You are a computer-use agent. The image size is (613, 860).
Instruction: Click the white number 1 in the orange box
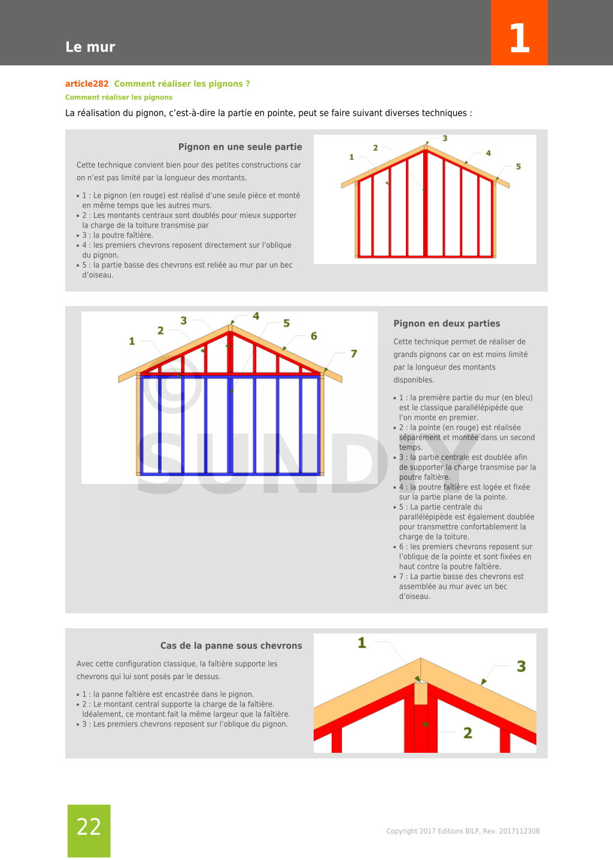pyautogui.click(x=519, y=39)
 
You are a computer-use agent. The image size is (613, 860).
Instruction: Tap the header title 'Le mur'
pyautogui.click(x=90, y=47)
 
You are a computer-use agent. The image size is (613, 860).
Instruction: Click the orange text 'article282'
pyautogui.click(x=87, y=84)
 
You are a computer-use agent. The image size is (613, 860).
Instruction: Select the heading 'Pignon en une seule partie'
pyautogui.click(x=240, y=147)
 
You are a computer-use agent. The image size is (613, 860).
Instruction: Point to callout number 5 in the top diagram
pyautogui.click(x=518, y=166)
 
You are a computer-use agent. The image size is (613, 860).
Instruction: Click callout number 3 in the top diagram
pyautogui.click(x=445, y=138)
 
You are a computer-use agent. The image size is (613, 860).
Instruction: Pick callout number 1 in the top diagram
pyautogui.click(x=351, y=157)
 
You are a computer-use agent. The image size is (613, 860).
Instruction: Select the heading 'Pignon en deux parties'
pyautogui.click(x=447, y=323)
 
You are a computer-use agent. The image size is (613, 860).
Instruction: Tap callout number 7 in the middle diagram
pyautogui.click(x=354, y=354)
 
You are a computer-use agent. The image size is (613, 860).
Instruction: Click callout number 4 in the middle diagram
pyautogui.click(x=256, y=316)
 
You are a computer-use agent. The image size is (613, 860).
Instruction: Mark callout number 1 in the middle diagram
pyautogui.click(x=132, y=341)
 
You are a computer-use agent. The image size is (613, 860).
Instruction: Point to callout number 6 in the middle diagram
pyautogui.click(x=314, y=336)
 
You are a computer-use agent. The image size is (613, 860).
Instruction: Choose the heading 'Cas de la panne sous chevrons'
pyautogui.click(x=231, y=646)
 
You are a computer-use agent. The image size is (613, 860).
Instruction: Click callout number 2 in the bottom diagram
pyautogui.click(x=468, y=733)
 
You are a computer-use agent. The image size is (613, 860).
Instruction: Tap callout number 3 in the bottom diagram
pyautogui.click(x=521, y=667)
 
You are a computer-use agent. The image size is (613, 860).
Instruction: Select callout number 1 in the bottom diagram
pyautogui.click(x=362, y=643)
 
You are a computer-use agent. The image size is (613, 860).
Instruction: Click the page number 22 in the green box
pyautogui.click(x=89, y=827)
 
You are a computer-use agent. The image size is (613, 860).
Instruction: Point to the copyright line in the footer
pyautogui.click(x=463, y=831)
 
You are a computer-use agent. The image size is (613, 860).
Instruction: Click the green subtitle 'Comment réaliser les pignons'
pyautogui.click(x=119, y=97)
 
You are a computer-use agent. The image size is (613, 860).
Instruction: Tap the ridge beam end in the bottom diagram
pyautogui.click(x=421, y=693)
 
